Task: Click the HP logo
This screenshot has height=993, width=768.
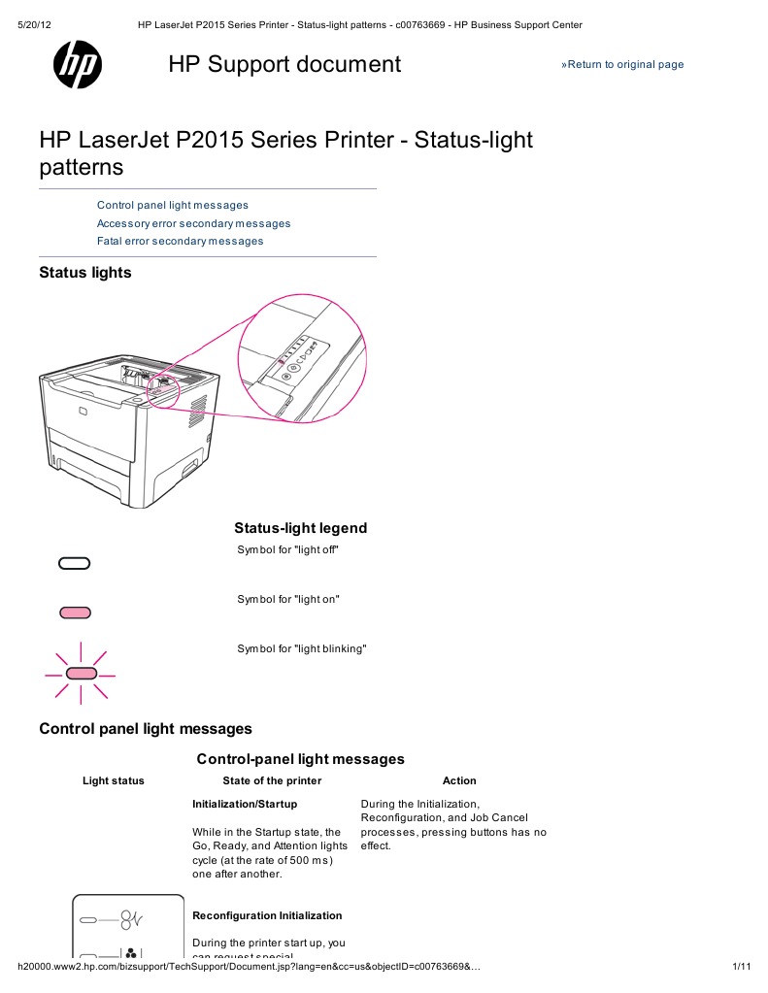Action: point(78,65)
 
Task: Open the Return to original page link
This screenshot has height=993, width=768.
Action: point(622,65)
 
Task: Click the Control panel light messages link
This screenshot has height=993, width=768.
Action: point(173,206)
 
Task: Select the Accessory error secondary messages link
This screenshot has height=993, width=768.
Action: point(193,223)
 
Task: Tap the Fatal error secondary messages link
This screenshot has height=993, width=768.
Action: point(180,241)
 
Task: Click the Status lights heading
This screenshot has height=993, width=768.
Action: point(85,273)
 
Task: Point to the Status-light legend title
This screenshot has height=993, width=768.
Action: point(301,529)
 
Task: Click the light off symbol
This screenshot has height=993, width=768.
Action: point(75,563)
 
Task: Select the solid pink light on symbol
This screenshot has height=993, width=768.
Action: point(75,612)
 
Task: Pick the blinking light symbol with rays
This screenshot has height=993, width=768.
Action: point(81,673)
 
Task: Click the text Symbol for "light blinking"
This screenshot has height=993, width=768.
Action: point(302,648)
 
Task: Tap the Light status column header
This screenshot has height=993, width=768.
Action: point(114,780)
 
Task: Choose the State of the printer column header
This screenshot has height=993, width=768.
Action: point(272,780)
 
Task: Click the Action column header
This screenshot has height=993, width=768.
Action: point(459,780)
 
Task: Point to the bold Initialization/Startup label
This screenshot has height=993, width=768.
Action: point(245,805)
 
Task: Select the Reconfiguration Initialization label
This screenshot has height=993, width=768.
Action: point(267,915)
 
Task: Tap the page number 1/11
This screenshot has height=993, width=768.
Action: point(742,967)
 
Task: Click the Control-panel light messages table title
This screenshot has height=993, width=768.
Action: point(301,759)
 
